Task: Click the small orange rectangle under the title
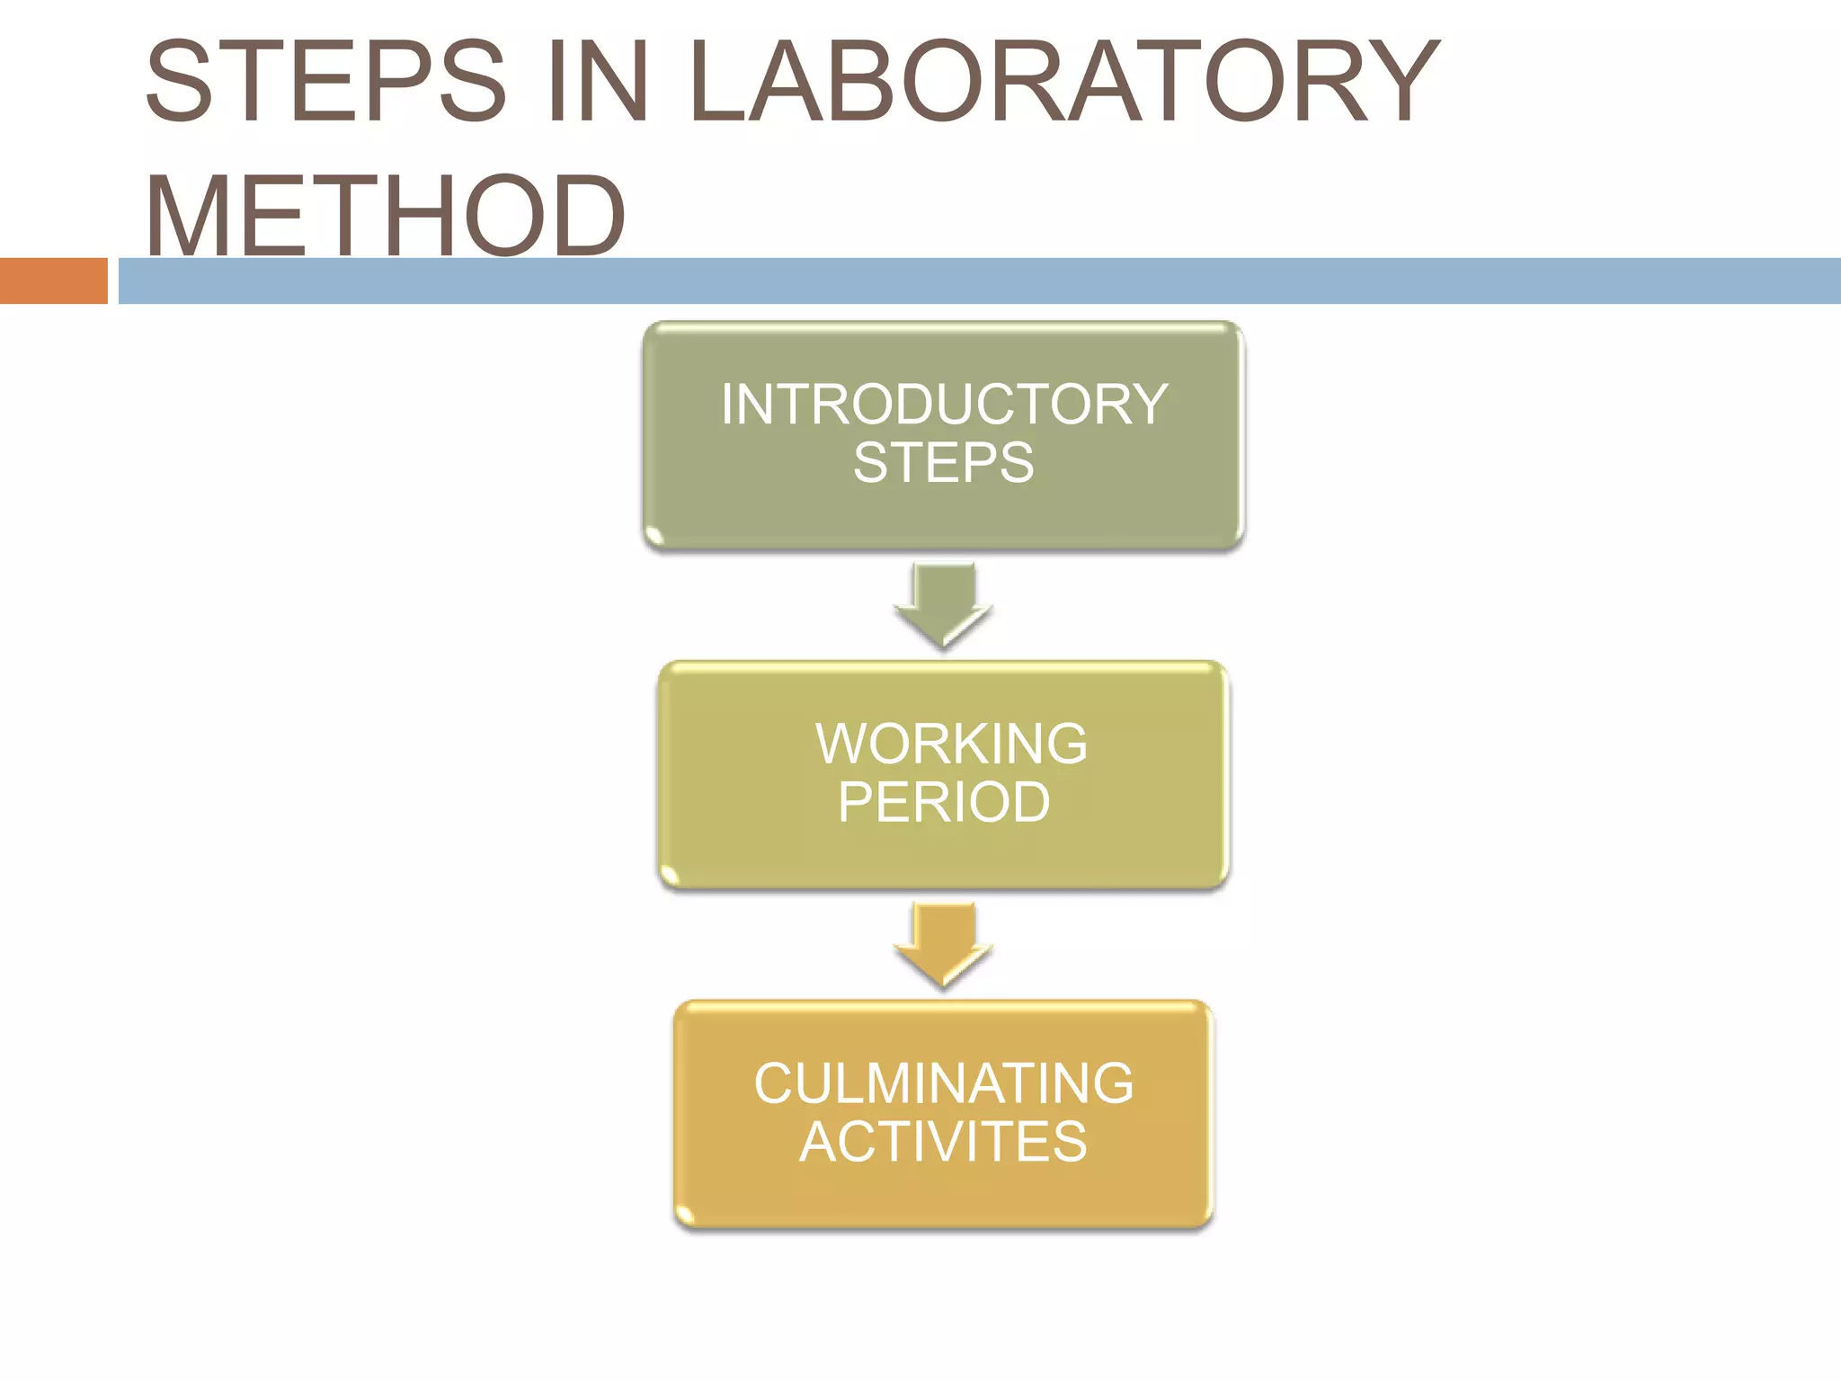coord(53,281)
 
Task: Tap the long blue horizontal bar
coord(980,281)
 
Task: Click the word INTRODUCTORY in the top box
coord(944,405)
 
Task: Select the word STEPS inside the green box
coord(944,463)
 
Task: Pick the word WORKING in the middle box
coord(951,744)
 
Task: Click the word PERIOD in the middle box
coord(944,802)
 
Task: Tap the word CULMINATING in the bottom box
coord(944,1083)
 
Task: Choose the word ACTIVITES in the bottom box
coord(944,1142)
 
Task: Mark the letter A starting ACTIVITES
coord(819,1142)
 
